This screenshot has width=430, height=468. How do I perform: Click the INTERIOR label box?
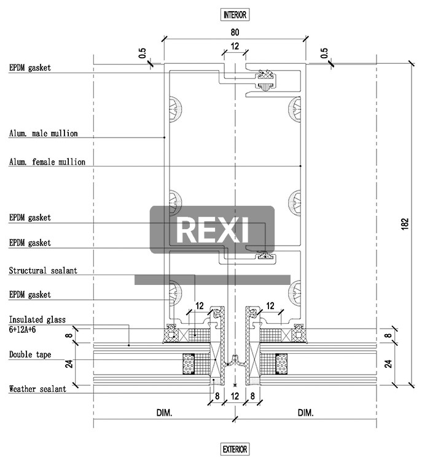[x=235, y=14]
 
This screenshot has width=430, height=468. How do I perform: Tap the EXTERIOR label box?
[x=235, y=450]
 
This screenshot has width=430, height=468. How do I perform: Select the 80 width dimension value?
[x=235, y=32]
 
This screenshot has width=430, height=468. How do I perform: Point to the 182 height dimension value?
[x=404, y=224]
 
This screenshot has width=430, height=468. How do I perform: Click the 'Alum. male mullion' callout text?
[x=43, y=133]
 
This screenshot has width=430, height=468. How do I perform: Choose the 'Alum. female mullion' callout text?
[x=47, y=162]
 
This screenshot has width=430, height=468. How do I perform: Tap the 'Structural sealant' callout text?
[x=43, y=270]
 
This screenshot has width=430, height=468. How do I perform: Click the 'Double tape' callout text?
[x=30, y=354]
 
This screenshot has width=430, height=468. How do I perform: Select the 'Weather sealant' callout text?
[x=37, y=389]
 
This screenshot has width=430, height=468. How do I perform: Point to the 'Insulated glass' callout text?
[x=37, y=320]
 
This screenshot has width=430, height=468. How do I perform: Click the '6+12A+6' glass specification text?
[x=23, y=330]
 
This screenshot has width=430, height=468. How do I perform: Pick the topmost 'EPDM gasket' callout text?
[x=29, y=68]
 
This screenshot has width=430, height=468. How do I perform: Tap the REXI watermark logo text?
[x=213, y=230]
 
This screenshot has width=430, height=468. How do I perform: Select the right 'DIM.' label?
[x=305, y=413]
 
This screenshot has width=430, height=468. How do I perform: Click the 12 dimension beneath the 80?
[x=235, y=46]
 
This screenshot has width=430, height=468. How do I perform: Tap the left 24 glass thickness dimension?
[x=69, y=364]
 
